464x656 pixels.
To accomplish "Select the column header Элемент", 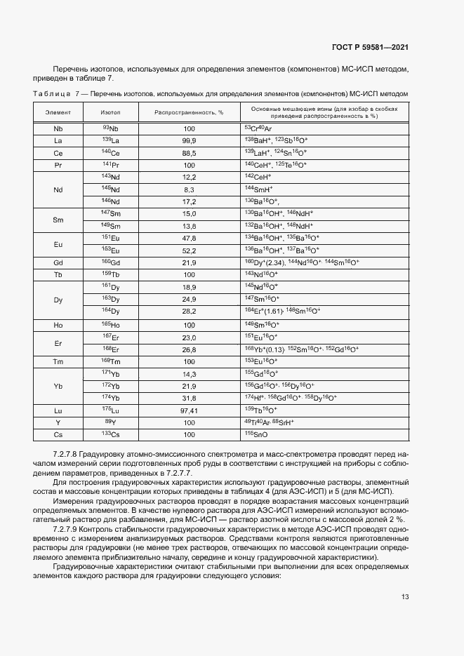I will pyautogui.click(x=58, y=112).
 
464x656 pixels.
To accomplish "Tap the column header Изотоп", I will pyautogui.click(x=110, y=112).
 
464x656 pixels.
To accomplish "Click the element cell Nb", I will pyautogui.click(x=58, y=129).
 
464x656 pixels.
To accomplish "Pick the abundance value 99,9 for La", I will pyautogui.click(x=189, y=141).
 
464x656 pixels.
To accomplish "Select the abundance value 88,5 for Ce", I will pyautogui.click(x=189, y=153).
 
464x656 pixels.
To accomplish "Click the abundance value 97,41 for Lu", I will pyautogui.click(x=189, y=409).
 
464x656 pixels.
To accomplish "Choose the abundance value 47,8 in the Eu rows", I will pyautogui.click(x=189, y=239).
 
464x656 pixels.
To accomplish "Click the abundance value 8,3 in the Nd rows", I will pyautogui.click(x=189, y=190).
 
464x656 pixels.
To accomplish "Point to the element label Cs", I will pyautogui.click(x=58, y=434).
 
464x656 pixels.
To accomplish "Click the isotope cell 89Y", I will pyautogui.click(x=110, y=422).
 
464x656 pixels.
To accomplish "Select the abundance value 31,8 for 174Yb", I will pyautogui.click(x=189, y=397).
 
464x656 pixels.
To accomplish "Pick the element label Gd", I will pyautogui.click(x=58, y=263).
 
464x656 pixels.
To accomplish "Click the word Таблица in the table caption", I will pyautogui.click(x=51, y=93).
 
